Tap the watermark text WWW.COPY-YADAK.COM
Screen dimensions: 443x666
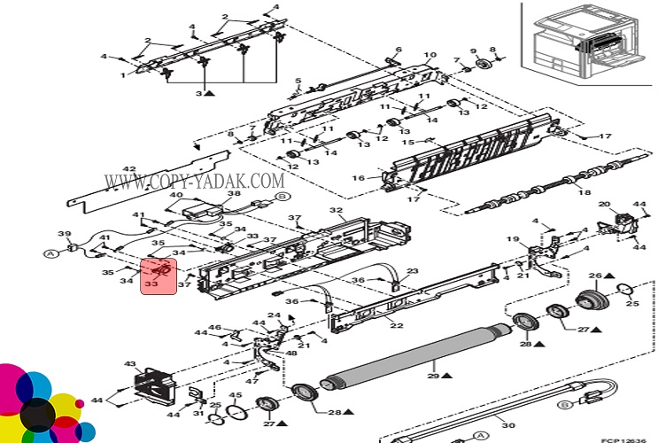pos(193,181)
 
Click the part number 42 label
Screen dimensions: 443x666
pos(129,169)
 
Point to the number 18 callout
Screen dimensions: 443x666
pos(584,192)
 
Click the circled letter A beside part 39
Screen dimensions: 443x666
pos(50,253)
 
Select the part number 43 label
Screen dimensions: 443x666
pos(130,364)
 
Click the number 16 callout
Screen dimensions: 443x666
pos(359,178)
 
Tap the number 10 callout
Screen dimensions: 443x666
pos(430,56)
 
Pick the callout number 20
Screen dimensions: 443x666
pos(604,206)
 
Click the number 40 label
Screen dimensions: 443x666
pos(176,195)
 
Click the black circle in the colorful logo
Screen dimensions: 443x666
pos(34,416)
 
